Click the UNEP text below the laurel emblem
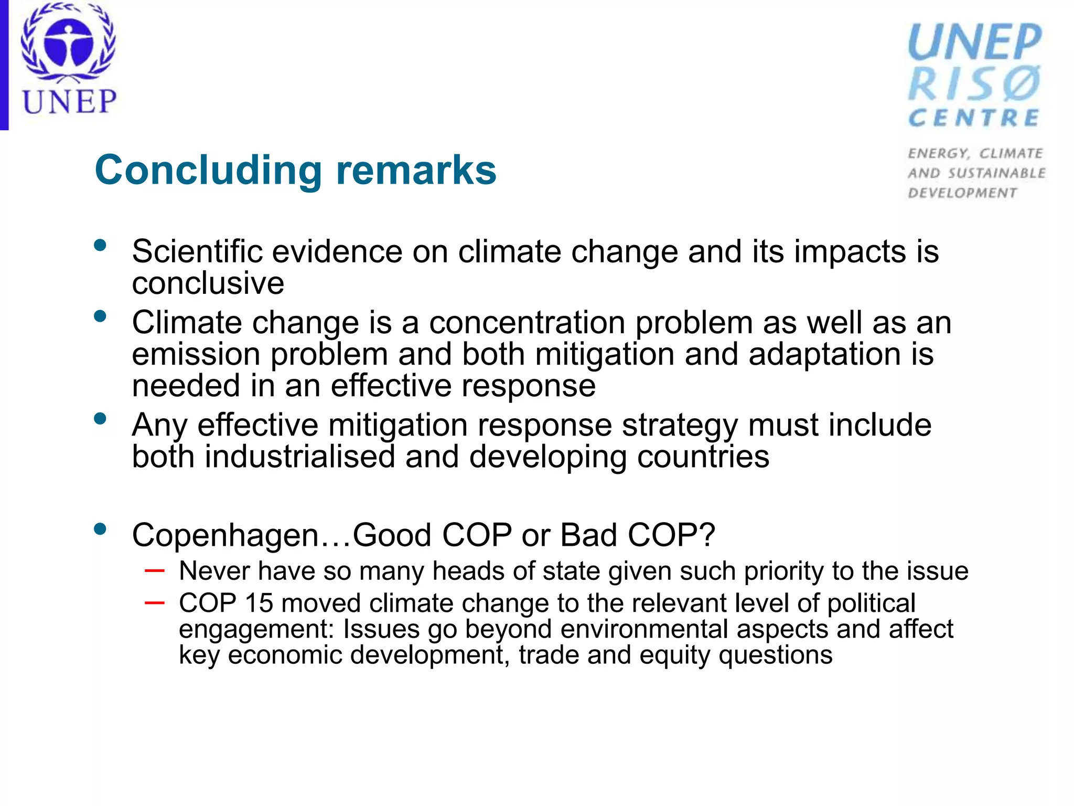pyautogui.click(x=69, y=102)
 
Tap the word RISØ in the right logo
pyautogui.click(x=974, y=84)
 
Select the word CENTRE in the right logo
pyautogui.click(x=974, y=118)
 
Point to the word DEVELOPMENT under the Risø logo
pyautogui.click(x=962, y=193)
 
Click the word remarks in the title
pyautogui.click(x=416, y=171)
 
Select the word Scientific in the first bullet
pyautogui.click(x=197, y=251)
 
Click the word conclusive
pyautogui.click(x=208, y=283)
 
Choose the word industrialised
pyautogui.click(x=299, y=457)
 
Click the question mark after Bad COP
pyautogui.click(x=708, y=535)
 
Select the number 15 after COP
pyautogui.click(x=259, y=603)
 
